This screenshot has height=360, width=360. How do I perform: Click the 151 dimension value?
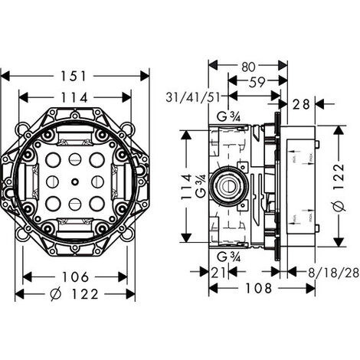[75, 76]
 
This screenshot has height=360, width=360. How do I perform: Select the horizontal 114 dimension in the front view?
[75, 97]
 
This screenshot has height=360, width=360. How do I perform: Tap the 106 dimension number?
[75, 277]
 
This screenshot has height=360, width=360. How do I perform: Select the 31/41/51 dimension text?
[195, 97]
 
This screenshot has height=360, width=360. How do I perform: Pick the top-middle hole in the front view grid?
[75, 160]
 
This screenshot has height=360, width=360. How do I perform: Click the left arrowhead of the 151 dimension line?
[5, 76]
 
